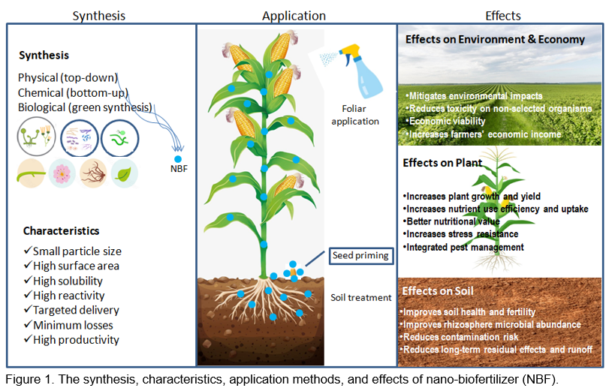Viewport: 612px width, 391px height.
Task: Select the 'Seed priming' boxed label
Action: point(360,256)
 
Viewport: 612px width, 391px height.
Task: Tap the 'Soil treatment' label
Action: point(360,297)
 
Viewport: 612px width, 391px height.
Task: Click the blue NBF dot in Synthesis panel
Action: point(177,159)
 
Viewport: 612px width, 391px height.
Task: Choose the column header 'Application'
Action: point(294,16)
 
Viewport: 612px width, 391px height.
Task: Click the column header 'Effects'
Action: point(502,16)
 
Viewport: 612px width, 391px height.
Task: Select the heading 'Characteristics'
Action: point(61,230)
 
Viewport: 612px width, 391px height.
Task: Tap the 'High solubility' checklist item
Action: point(71,280)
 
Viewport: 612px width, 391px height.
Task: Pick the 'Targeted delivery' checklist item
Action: point(76,310)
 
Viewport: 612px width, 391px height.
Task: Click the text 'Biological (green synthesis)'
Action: point(85,107)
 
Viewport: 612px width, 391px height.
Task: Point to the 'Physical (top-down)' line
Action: point(68,77)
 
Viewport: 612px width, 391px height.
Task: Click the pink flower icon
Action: point(62,173)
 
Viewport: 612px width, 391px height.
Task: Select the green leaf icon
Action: point(123,173)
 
